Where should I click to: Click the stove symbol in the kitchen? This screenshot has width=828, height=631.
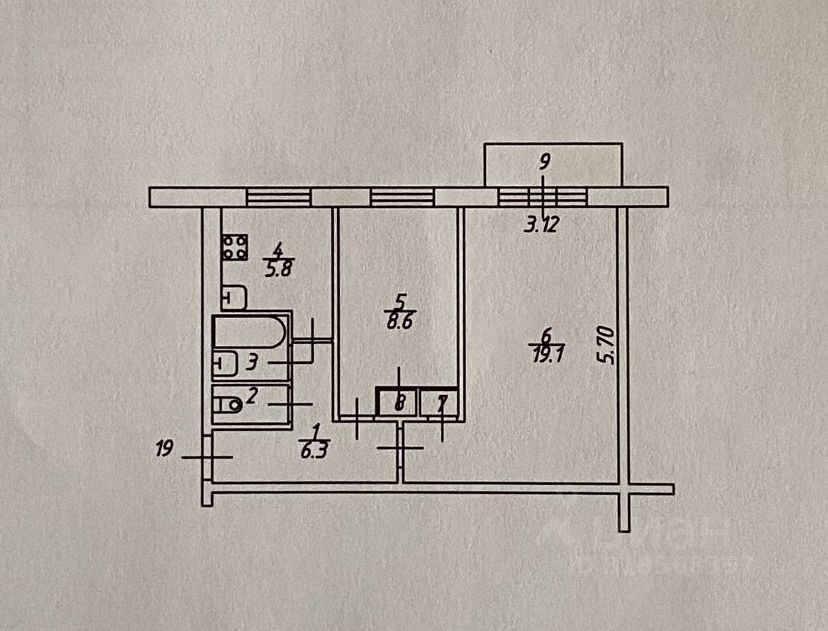[236, 246]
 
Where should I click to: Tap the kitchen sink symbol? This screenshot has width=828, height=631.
[234, 297]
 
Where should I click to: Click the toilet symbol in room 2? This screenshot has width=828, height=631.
[229, 404]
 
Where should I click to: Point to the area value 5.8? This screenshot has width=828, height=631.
[277, 268]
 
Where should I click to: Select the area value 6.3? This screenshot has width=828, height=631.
[315, 449]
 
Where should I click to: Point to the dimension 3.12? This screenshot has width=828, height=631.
[542, 224]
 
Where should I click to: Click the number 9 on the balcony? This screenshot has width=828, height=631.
[543, 159]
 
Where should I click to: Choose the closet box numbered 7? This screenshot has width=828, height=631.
[440, 403]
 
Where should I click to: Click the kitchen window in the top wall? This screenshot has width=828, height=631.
[279, 196]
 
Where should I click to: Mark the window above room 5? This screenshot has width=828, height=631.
[403, 196]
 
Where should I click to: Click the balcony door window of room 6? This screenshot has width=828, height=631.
[540, 196]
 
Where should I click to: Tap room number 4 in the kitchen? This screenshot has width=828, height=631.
[278, 251]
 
